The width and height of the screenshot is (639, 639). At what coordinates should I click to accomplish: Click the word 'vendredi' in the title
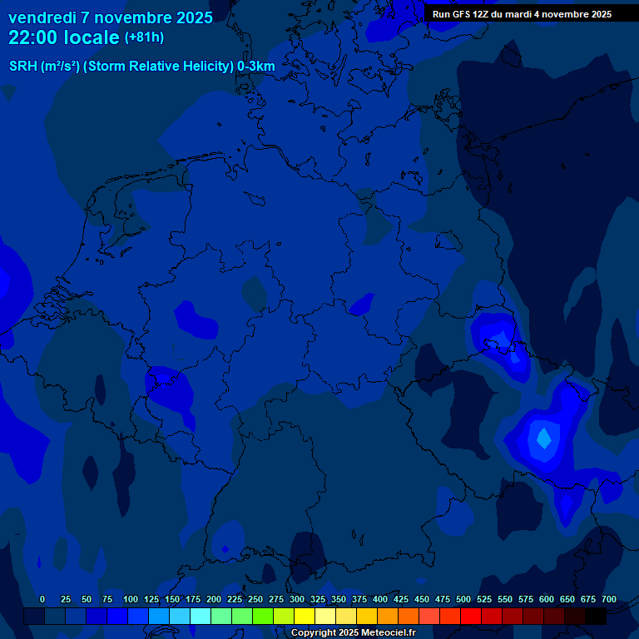42,17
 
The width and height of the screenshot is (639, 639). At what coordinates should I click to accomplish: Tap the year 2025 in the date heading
190,17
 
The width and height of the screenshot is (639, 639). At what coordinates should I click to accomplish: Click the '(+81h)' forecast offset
144,37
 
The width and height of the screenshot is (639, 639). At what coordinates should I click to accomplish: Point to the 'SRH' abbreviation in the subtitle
22,67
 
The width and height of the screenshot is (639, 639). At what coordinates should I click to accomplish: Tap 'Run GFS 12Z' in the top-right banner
460,14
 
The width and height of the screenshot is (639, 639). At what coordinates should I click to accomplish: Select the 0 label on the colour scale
42,600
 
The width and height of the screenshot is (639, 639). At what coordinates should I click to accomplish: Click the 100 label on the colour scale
131,600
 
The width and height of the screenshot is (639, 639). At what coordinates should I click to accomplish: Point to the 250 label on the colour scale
255,600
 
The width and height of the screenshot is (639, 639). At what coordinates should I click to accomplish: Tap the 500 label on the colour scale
463,600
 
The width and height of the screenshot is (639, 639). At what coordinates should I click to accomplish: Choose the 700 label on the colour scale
609,600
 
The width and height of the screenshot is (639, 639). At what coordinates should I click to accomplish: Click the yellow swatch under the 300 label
305,617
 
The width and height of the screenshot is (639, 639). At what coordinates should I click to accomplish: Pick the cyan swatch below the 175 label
201,617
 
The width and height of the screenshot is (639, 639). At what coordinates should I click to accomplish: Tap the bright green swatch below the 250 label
263,617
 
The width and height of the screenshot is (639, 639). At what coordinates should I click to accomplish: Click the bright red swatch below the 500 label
471,617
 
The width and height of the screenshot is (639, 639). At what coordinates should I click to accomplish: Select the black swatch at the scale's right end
596,617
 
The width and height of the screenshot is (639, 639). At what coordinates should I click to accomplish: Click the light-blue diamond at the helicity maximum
543,437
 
